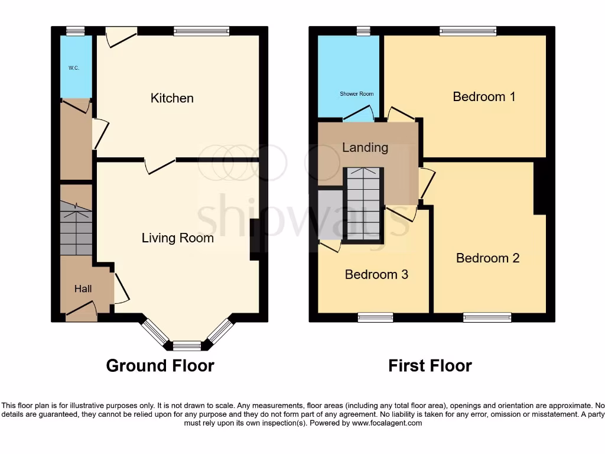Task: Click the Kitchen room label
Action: (x=172, y=98)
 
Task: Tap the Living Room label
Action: (x=177, y=238)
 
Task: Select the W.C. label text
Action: (x=73, y=68)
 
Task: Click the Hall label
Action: (x=83, y=289)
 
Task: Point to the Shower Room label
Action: (x=356, y=94)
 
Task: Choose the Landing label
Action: (x=365, y=148)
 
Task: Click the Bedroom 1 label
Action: (x=484, y=96)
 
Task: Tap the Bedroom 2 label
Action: (x=487, y=258)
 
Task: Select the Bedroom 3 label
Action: (x=376, y=274)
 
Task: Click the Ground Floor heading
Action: (x=160, y=366)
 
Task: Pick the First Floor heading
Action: (x=430, y=366)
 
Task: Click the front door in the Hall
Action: (x=82, y=312)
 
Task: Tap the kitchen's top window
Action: (x=201, y=31)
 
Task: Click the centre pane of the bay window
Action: (x=187, y=345)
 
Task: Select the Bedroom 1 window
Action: (x=468, y=31)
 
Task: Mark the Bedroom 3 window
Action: (x=375, y=317)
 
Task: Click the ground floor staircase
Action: (x=76, y=228)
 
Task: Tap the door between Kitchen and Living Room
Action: (x=160, y=165)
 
